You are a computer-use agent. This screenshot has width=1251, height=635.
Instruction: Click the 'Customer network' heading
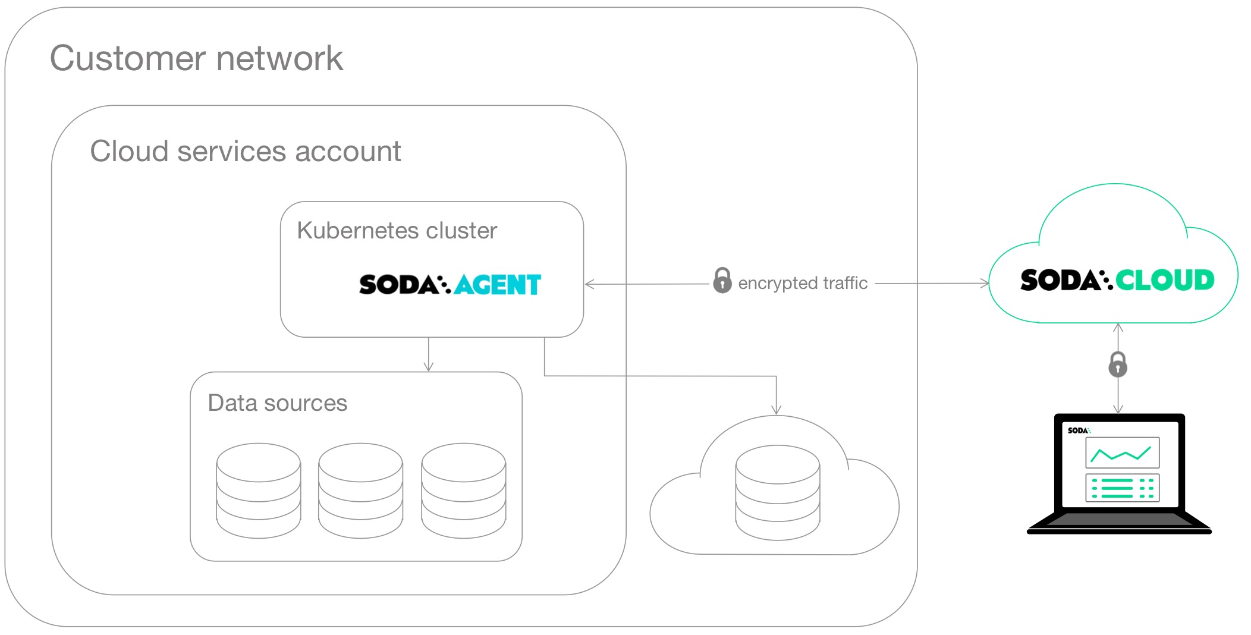[x=196, y=58]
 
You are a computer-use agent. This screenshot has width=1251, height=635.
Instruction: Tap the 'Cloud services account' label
[x=245, y=151]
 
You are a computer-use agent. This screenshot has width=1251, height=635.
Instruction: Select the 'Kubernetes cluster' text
[x=397, y=231]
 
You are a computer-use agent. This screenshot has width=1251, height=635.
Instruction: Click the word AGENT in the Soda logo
[x=498, y=285]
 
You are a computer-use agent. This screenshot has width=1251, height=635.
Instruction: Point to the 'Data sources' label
[x=277, y=403]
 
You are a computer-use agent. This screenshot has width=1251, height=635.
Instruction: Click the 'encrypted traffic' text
[x=802, y=283]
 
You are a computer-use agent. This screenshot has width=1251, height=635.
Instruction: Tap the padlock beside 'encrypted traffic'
[x=722, y=281]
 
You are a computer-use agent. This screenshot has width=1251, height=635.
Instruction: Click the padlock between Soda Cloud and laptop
[x=1118, y=364]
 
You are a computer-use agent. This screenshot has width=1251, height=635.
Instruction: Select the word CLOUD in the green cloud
[x=1164, y=280]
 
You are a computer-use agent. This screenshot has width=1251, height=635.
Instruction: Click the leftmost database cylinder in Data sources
[x=259, y=491]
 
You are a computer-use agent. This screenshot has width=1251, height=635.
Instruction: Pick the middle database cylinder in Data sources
[x=360, y=491]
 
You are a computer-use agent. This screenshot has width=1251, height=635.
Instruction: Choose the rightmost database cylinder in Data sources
[x=463, y=491]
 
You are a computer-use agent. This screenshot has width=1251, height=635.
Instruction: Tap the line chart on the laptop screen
[x=1122, y=453]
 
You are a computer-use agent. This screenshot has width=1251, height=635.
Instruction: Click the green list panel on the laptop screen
[x=1122, y=488]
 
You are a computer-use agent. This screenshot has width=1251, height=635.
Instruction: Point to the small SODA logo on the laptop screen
[x=1078, y=430]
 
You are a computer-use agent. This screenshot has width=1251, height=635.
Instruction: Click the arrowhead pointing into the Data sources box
[x=429, y=367]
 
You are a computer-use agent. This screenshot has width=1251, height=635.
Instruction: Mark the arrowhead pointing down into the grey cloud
[x=776, y=410]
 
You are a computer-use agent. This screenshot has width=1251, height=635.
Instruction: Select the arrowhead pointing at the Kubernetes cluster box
[x=589, y=284]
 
